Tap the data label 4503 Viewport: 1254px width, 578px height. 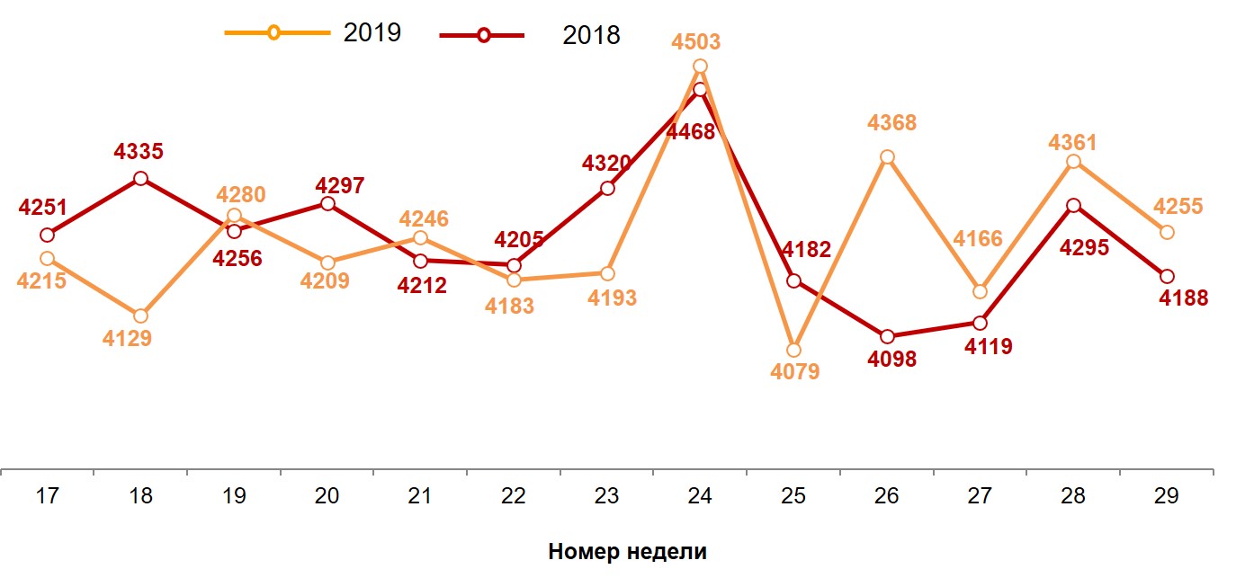point(695,42)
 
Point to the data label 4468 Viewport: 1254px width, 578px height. point(690,132)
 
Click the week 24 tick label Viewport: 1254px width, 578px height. point(700,495)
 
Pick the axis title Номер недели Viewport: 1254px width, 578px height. point(627,552)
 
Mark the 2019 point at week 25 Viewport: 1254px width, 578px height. point(793,350)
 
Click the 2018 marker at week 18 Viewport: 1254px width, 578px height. point(140,179)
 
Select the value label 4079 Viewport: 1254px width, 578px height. point(794,371)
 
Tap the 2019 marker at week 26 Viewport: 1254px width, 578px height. point(887,157)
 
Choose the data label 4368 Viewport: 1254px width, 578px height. point(891,122)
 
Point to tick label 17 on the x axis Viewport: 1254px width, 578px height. point(48,495)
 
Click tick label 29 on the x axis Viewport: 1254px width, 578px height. point(1166,495)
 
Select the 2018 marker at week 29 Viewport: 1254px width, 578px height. point(1167,276)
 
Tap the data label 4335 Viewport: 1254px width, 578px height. point(139,152)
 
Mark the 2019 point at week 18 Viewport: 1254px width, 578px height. point(140,316)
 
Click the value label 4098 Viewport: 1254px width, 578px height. point(891,359)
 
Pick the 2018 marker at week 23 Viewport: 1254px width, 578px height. point(607,189)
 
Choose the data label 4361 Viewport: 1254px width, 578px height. point(1072,142)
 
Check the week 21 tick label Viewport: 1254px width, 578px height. point(420,495)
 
